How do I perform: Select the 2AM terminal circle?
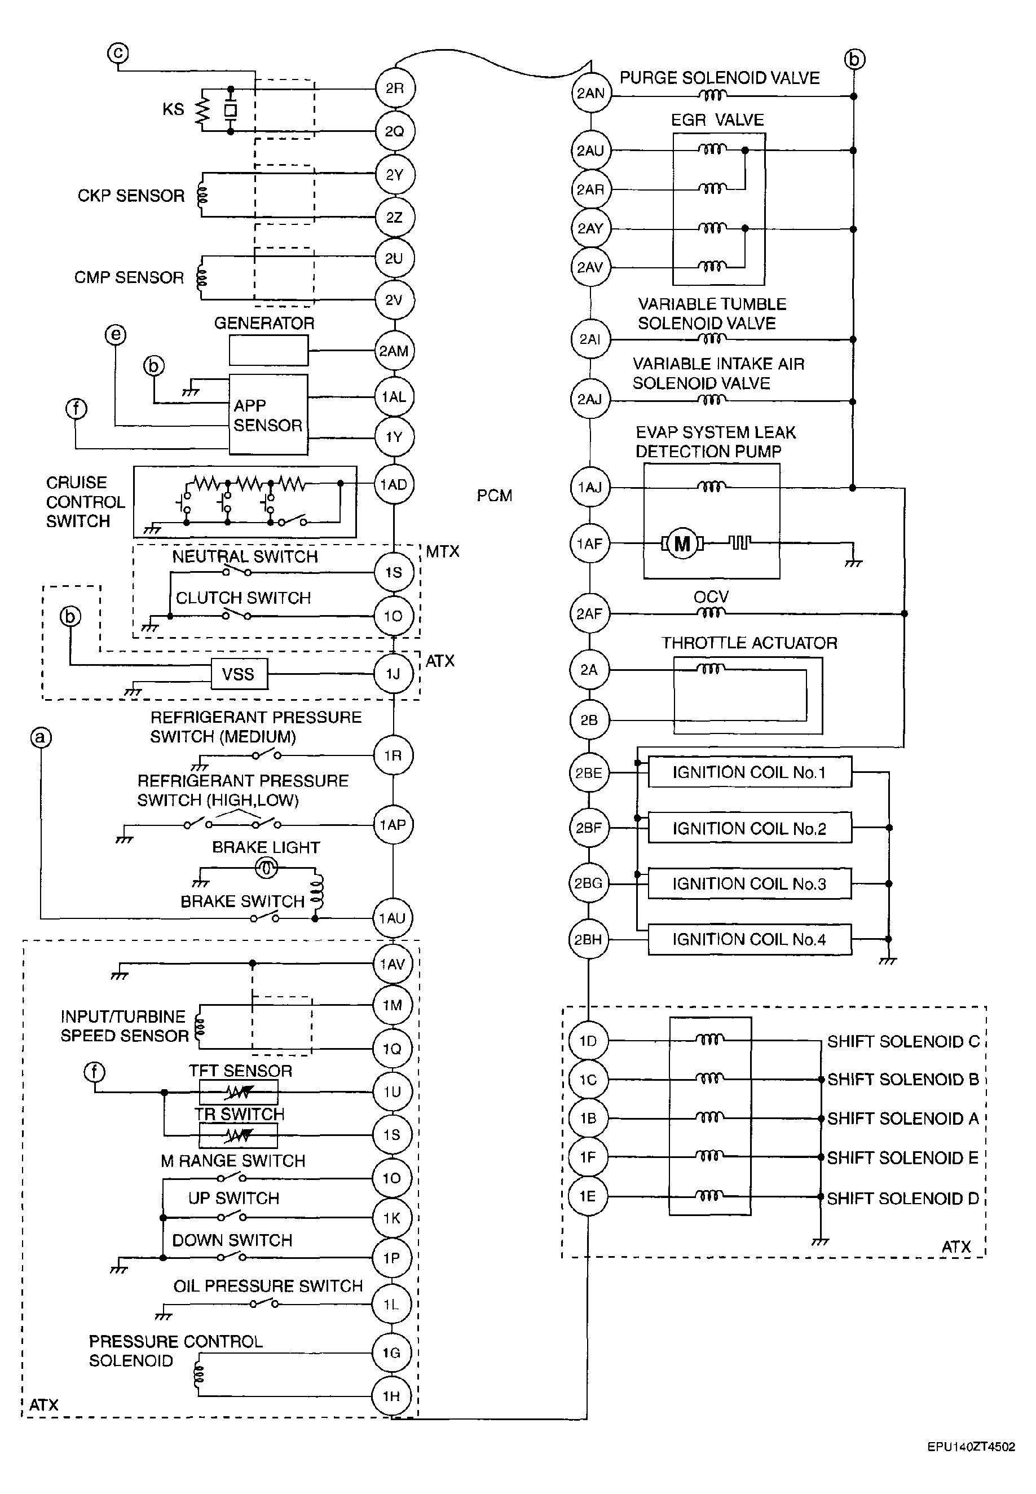coord(394,351)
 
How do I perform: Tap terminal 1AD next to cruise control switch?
coord(394,485)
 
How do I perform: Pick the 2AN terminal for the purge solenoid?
coord(590,93)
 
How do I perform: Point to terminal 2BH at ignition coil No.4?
coord(588,939)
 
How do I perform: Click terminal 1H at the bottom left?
coord(391,1396)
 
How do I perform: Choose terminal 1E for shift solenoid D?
coord(588,1196)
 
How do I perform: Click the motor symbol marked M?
coord(682,543)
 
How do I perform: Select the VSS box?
coord(239,674)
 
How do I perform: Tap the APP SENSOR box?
coord(268,414)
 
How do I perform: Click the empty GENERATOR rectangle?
coord(269,350)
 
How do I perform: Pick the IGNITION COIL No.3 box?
coord(750,883)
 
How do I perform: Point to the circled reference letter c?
coord(118,52)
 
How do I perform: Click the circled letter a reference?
coord(41,737)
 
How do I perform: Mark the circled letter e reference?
coord(116,335)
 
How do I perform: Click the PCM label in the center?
coord(495,496)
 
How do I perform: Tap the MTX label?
coord(443,551)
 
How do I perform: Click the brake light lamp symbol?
coord(267,868)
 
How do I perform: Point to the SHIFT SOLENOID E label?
coord(902,1157)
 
